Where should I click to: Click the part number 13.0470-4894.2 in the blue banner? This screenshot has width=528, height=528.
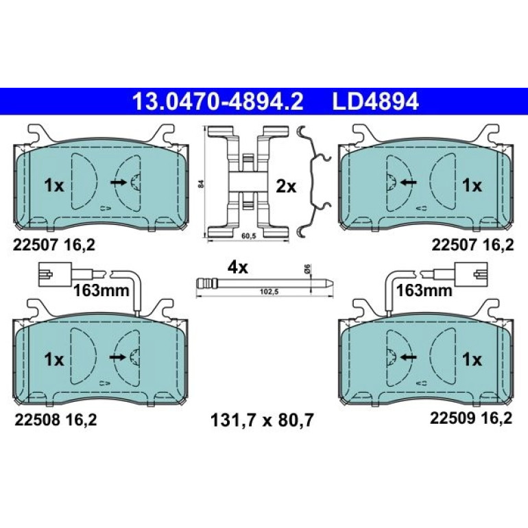218,101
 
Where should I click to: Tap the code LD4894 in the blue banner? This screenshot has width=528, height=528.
376,101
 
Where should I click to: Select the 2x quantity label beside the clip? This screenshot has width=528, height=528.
286,187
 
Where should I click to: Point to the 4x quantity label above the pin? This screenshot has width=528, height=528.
238,267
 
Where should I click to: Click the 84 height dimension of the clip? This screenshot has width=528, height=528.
202,184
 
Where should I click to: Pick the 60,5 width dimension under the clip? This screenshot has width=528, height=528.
249,236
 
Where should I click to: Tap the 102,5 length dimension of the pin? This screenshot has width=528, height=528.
269,291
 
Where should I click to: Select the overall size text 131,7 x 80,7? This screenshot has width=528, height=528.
262,420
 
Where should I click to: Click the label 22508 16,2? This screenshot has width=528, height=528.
56,420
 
